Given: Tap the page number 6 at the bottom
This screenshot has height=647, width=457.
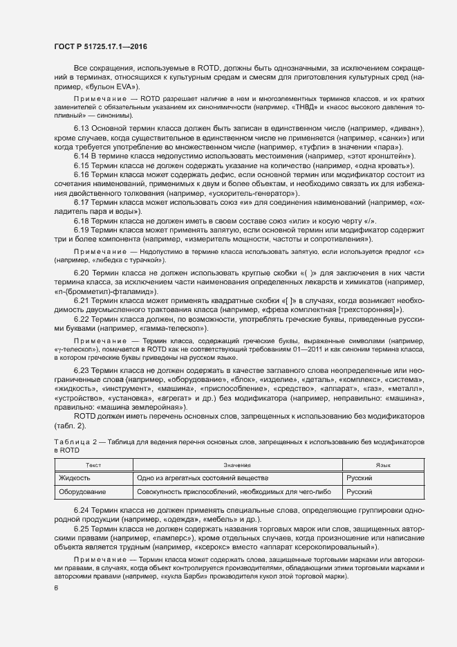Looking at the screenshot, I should coord(56,588).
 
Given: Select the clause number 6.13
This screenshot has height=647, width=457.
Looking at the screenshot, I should coord(82,130).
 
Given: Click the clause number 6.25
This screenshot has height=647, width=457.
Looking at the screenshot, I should coord(82,529).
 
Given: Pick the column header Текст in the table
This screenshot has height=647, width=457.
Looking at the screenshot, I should coord(93,466).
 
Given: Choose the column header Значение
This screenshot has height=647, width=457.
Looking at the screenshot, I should coord(236,466).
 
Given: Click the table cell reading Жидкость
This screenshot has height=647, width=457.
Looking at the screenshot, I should coord(75,478).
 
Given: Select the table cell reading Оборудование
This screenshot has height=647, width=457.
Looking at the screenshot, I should coord(82,491).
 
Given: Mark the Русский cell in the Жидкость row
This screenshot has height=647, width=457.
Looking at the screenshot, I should coord(360,478).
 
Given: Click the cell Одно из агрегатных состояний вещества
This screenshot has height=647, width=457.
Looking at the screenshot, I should coord(202,478).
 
